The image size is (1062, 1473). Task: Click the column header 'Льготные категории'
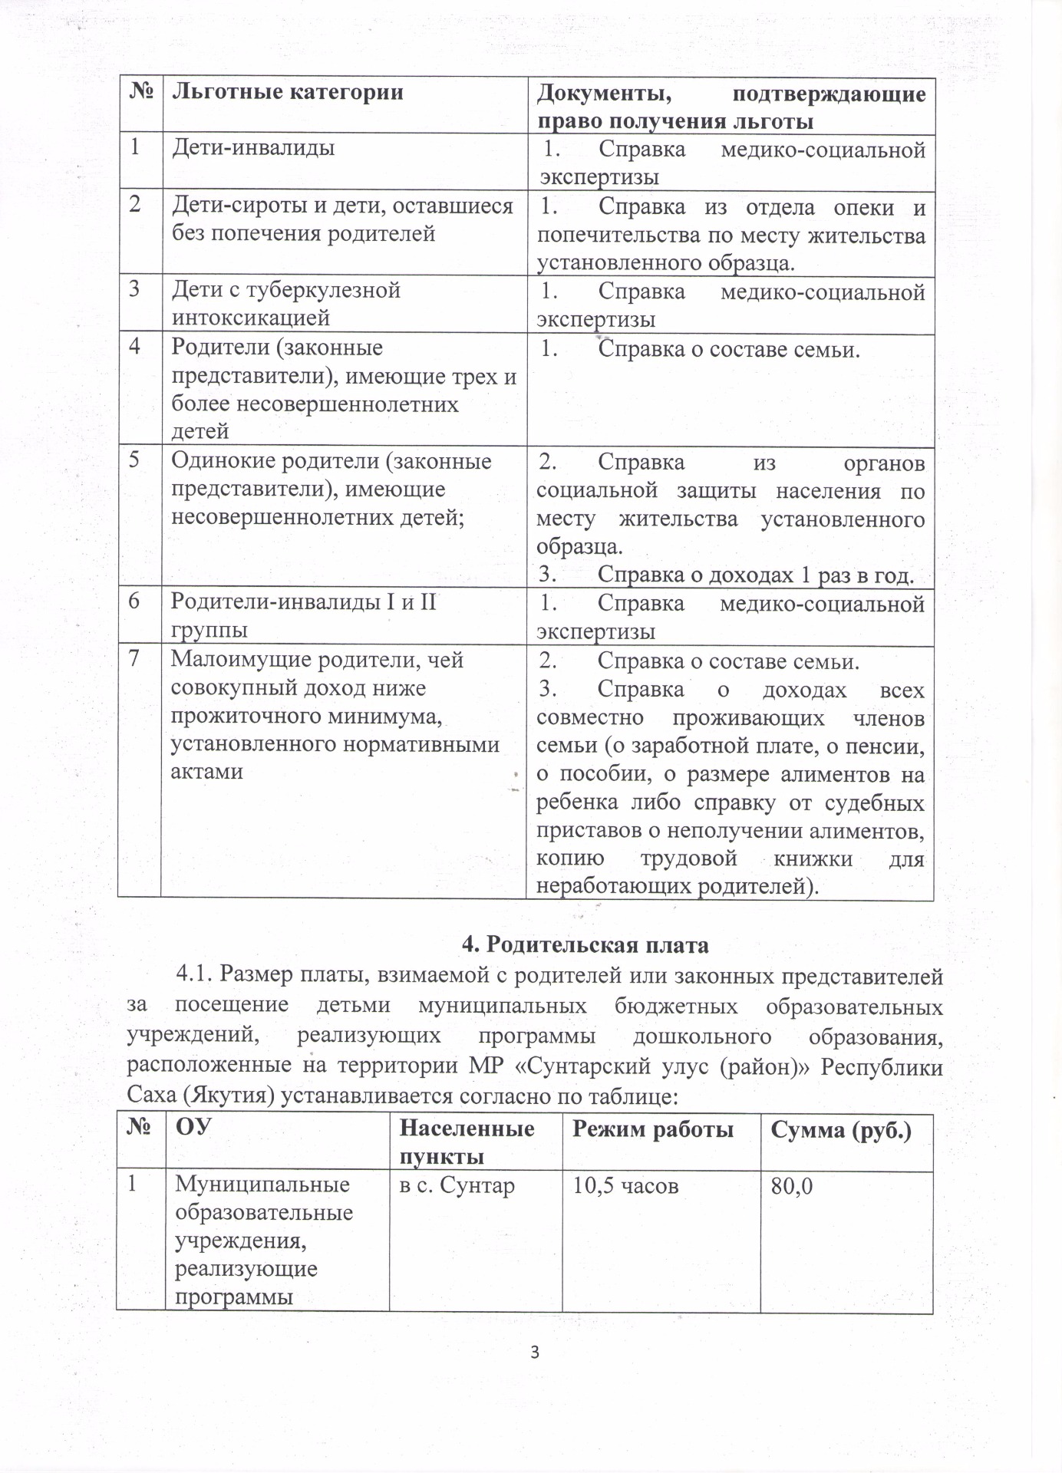pos(287,93)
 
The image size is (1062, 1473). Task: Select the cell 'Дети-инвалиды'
pos(253,147)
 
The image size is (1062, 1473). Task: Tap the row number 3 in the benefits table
pos(136,290)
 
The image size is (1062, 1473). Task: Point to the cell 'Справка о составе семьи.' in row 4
pos(729,350)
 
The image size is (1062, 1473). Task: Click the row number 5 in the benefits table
pos(135,461)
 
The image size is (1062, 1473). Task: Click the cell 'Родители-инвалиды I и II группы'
pos(303,616)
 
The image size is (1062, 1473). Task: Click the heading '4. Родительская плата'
pos(585,945)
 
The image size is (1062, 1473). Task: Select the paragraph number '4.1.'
pos(195,974)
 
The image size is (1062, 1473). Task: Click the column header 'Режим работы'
pos(652,1129)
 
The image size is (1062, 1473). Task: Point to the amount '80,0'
pos(793,1186)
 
